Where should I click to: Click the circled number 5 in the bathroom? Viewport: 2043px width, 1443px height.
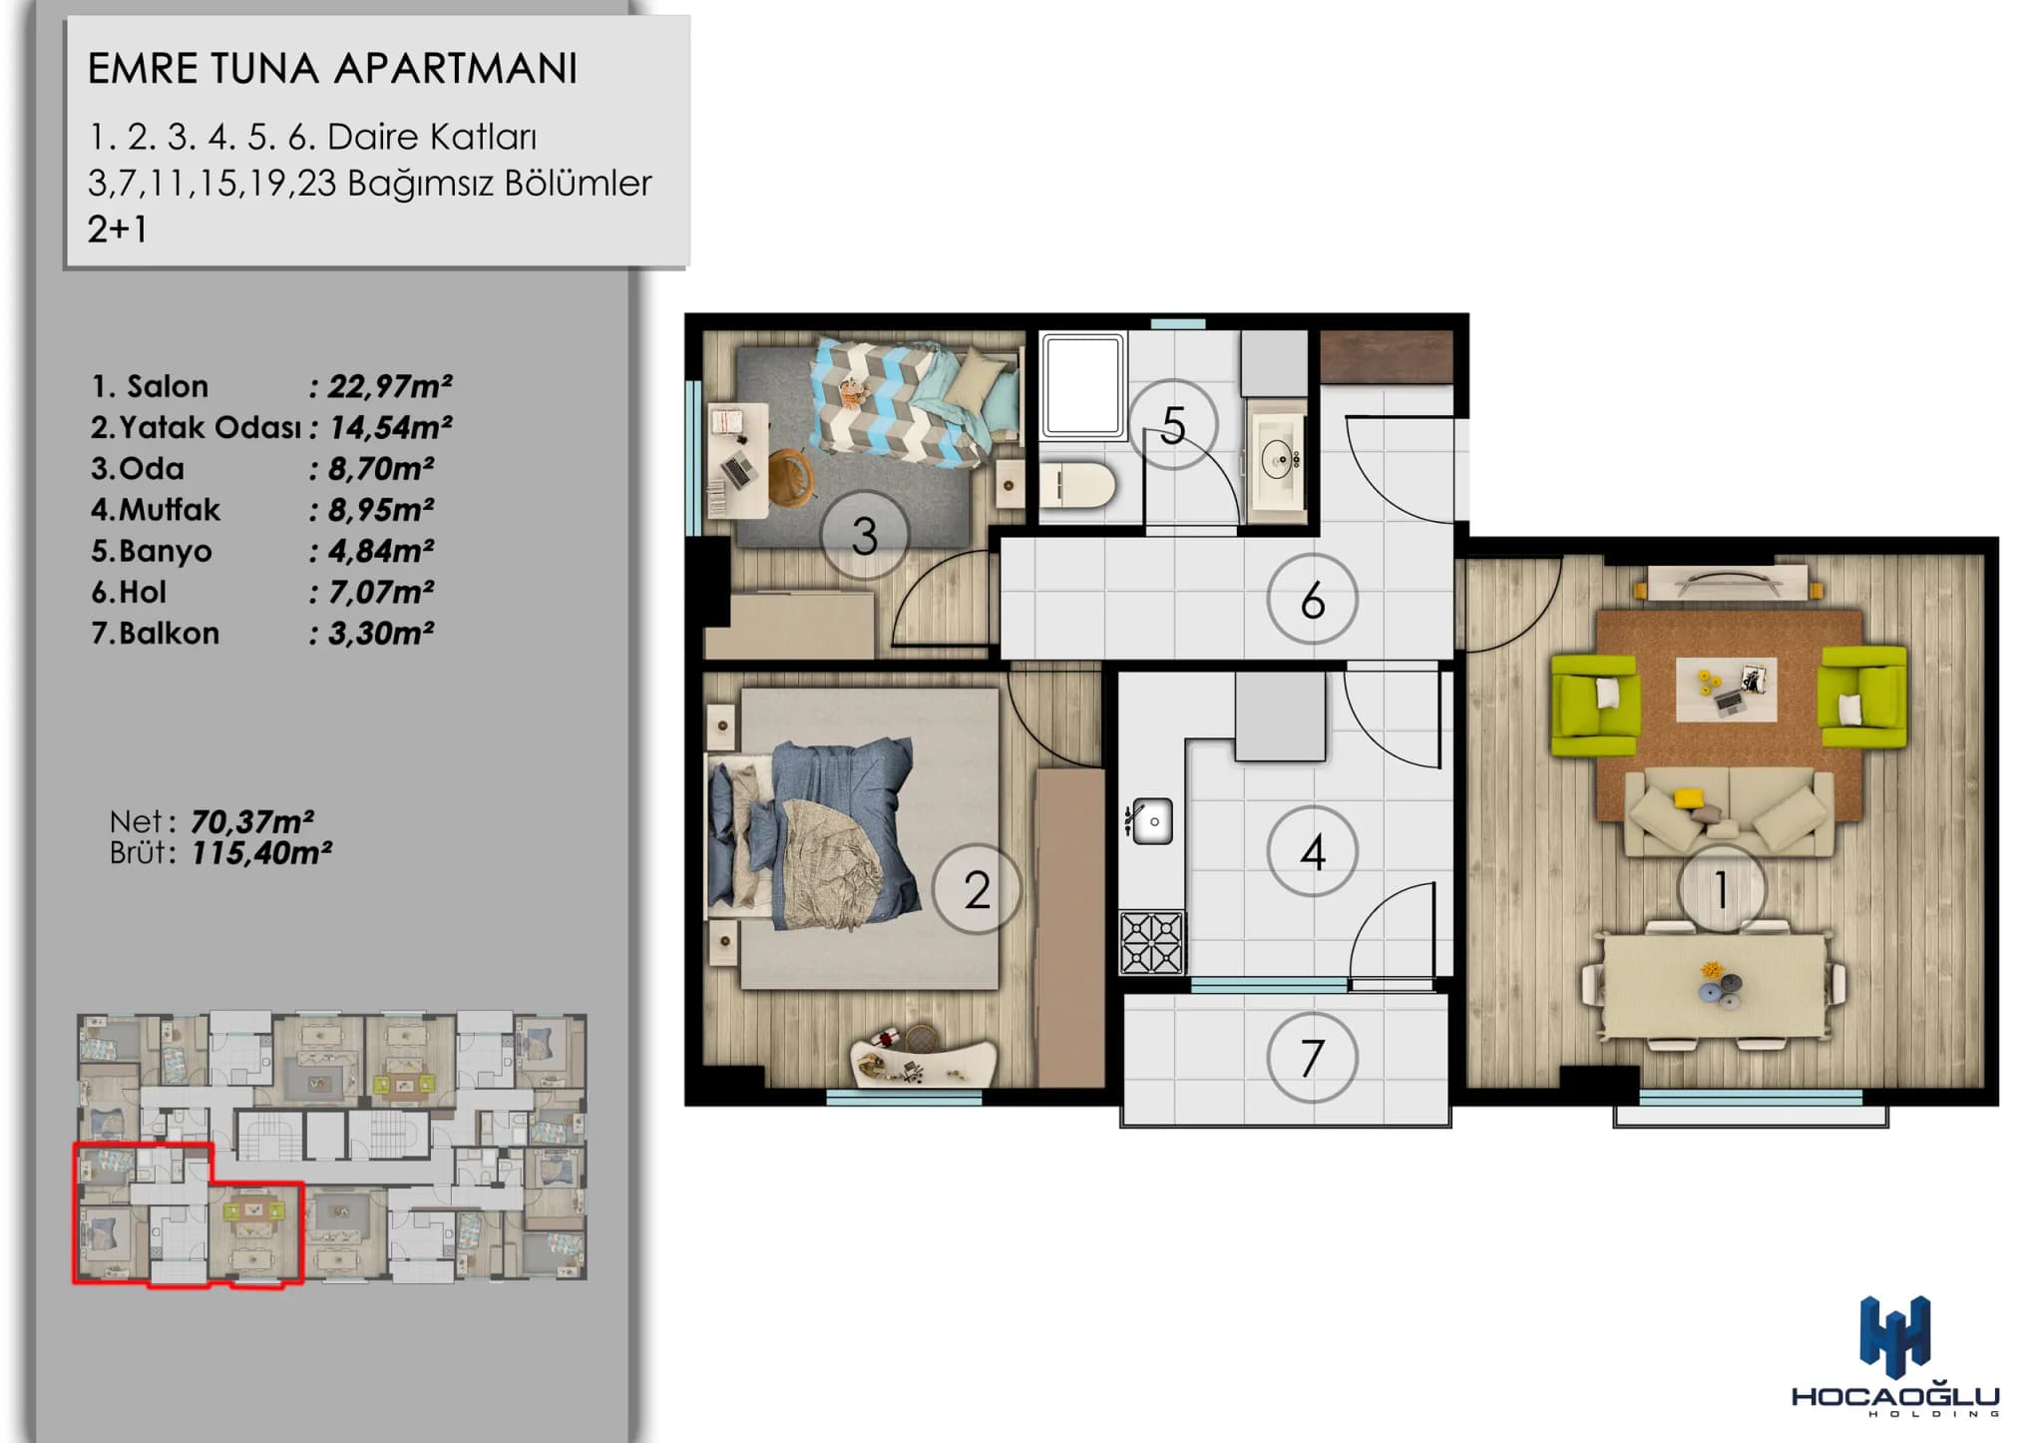coord(1173,424)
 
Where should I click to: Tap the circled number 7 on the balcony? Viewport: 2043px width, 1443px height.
coord(1312,1058)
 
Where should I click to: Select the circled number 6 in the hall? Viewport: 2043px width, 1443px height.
coord(1312,600)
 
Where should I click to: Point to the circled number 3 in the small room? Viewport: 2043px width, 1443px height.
coord(864,535)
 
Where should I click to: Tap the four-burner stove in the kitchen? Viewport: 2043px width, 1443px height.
coord(1152,942)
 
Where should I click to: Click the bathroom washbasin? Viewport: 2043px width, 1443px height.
coord(1278,459)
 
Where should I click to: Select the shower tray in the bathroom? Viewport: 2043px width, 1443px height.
coord(1082,386)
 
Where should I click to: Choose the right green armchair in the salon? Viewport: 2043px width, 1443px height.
coord(1862,696)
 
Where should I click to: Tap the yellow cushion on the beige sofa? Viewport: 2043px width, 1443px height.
coord(1689,798)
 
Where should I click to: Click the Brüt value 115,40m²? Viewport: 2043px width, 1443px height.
coord(261,853)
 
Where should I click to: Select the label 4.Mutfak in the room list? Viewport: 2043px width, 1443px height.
coord(156,509)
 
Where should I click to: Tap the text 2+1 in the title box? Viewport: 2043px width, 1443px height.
coord(118,230)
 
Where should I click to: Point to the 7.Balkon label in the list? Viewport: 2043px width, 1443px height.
coord(156,633)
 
